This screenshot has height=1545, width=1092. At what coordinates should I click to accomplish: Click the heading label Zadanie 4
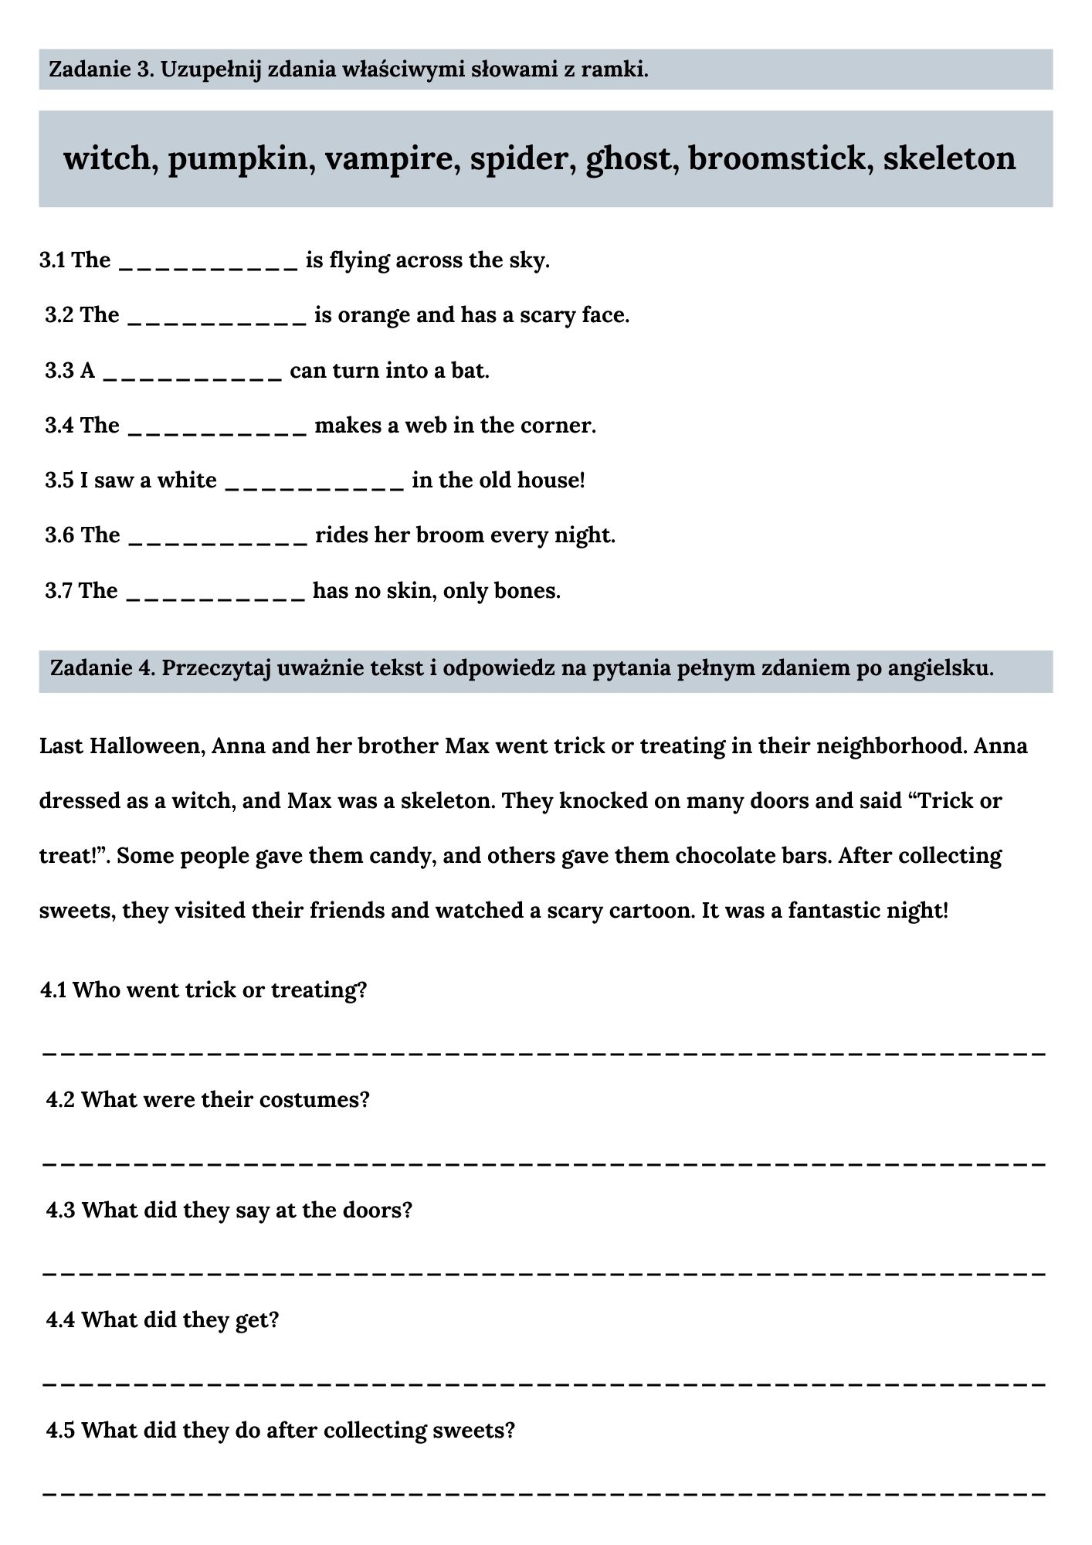[x=102, y=667]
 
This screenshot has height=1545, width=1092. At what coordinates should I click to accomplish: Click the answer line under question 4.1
[x=544, y=1052]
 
